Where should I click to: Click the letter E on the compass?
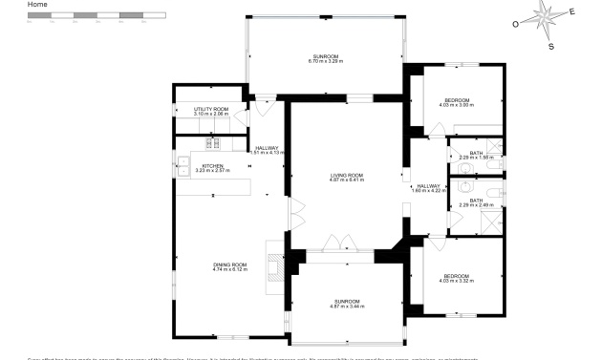point(571,11)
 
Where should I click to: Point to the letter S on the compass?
point(550,45)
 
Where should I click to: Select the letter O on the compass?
point(516,25)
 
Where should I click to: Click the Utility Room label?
point(210,112)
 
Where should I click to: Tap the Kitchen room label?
point(212,168)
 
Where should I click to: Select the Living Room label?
point(346,177)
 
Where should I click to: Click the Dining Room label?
point(229,266)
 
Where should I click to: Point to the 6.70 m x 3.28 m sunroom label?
point(325,59)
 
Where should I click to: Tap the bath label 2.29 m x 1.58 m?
point(476,155)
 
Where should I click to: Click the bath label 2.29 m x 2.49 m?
point(476,202)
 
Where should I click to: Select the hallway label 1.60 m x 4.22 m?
point(427,188)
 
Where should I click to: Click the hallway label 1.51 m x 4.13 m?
point(266,150)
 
